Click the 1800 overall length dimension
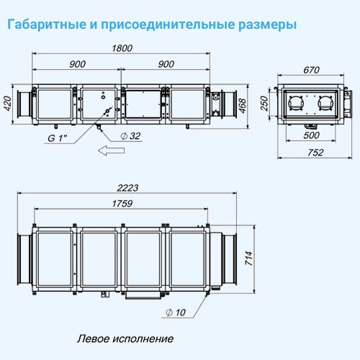point(122,48)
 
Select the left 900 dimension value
point(77,64)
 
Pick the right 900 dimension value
point(166,64)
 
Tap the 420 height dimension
point(8,104)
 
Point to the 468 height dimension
point(243,106)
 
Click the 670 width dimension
point(311,70)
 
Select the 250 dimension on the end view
point(264,103)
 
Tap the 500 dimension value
point(311,135)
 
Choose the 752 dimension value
point(315,153)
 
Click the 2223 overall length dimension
point(127,188)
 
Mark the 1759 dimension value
point(122,204)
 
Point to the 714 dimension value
point(249,258)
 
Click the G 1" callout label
point(58,138)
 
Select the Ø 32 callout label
point(130,136)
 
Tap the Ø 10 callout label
point(176,312)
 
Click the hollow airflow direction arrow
point(111,150)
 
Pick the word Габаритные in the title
point(47,24)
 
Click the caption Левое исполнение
point(125,338)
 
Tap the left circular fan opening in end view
point(296,103)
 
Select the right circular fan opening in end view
point(325,103)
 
